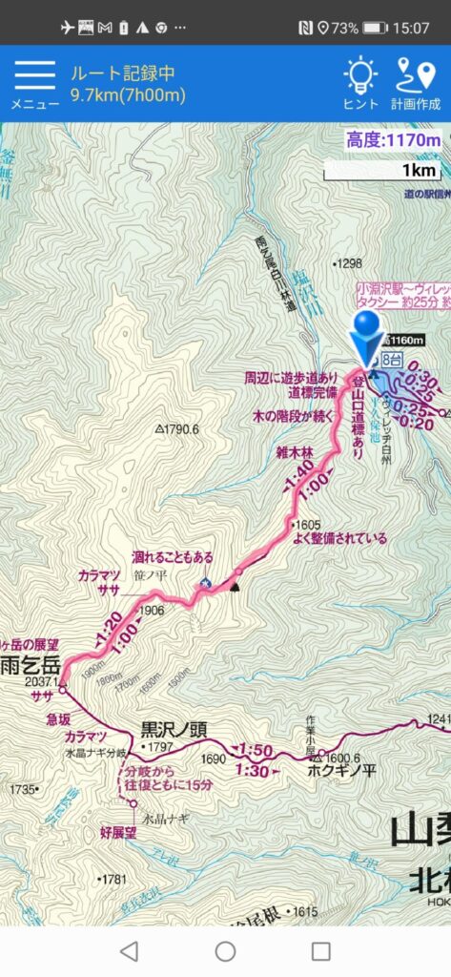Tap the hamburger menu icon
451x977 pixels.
(x=33, y=75)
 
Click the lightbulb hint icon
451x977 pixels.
(x=359, y=74)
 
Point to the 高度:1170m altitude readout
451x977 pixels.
(x=394, y=141)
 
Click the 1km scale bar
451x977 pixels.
(x=382, y=171)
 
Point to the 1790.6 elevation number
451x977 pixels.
(x=178, y=429)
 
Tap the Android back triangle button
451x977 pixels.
(x=129, y=950)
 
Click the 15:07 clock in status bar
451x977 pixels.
(x=411, y=28)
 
